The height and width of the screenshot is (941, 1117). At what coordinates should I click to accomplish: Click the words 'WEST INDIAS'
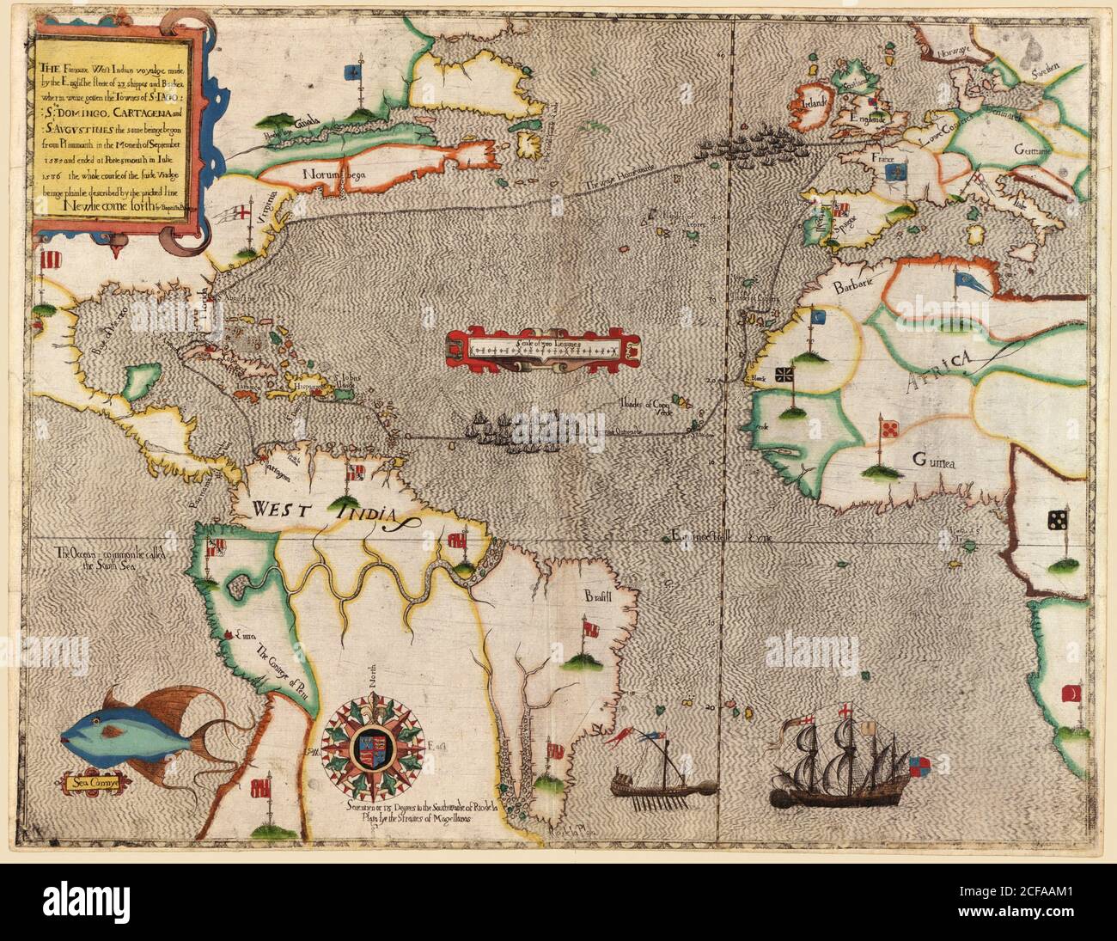331,510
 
